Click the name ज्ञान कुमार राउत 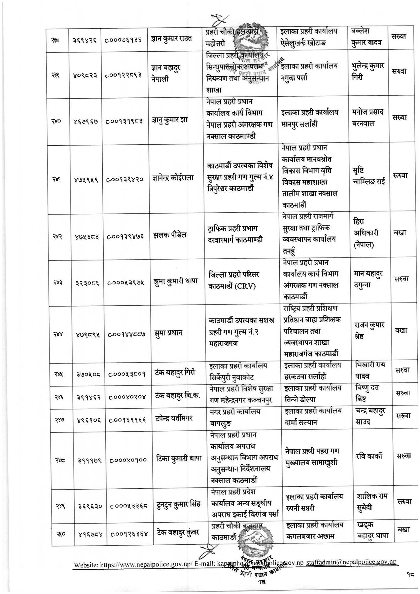(x=171, y=39)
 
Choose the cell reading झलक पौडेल (x=170, y=235)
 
